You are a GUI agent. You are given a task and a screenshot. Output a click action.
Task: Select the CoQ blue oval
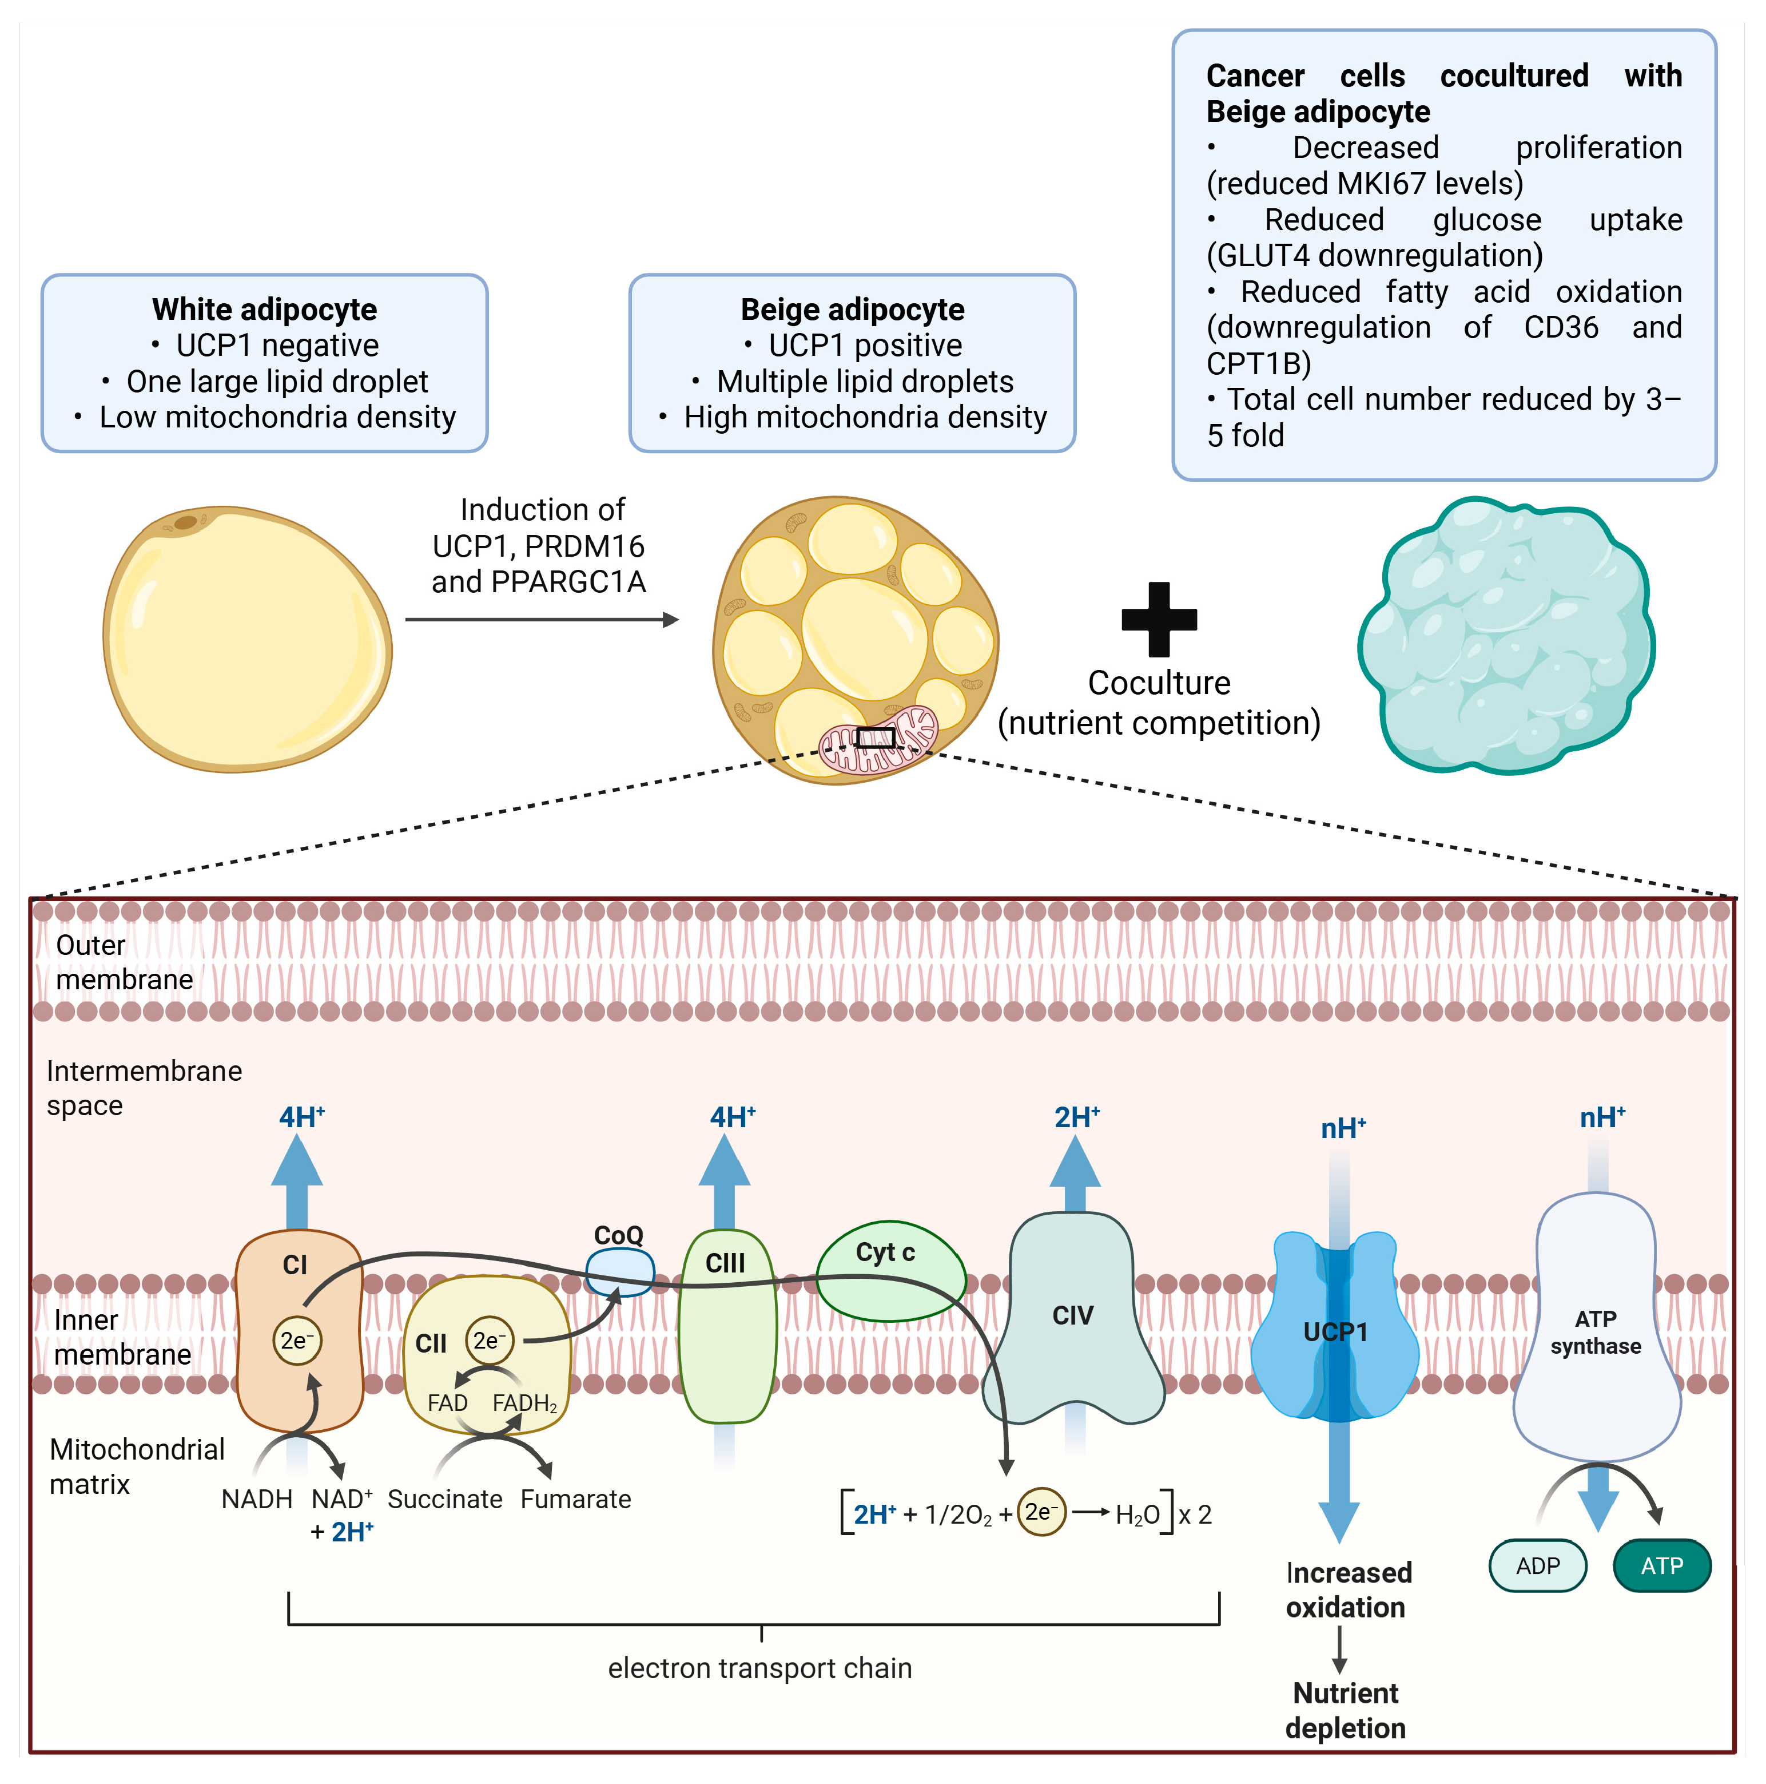click(x=621, y=1271)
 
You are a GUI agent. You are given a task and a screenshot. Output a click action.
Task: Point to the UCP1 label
click(x=1334, y=1331)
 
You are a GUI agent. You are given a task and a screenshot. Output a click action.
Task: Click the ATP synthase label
click(x=1595, y=1333)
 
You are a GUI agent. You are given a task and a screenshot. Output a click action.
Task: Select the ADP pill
click(x=1537, y=1566)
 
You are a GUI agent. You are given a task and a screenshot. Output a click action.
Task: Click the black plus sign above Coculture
click(x=1159, y=619)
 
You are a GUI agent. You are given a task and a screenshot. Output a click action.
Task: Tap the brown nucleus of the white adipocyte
click(x=185, y=522)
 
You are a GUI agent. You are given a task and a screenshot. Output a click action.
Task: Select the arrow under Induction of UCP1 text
click(x=542, y=620)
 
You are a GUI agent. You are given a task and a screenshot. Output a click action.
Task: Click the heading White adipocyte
click(x=264, y=310)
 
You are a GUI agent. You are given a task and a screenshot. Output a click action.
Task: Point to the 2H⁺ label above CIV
click(x=1076, y=1117)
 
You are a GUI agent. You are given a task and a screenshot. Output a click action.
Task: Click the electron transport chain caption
click(x=760, y=1668)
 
